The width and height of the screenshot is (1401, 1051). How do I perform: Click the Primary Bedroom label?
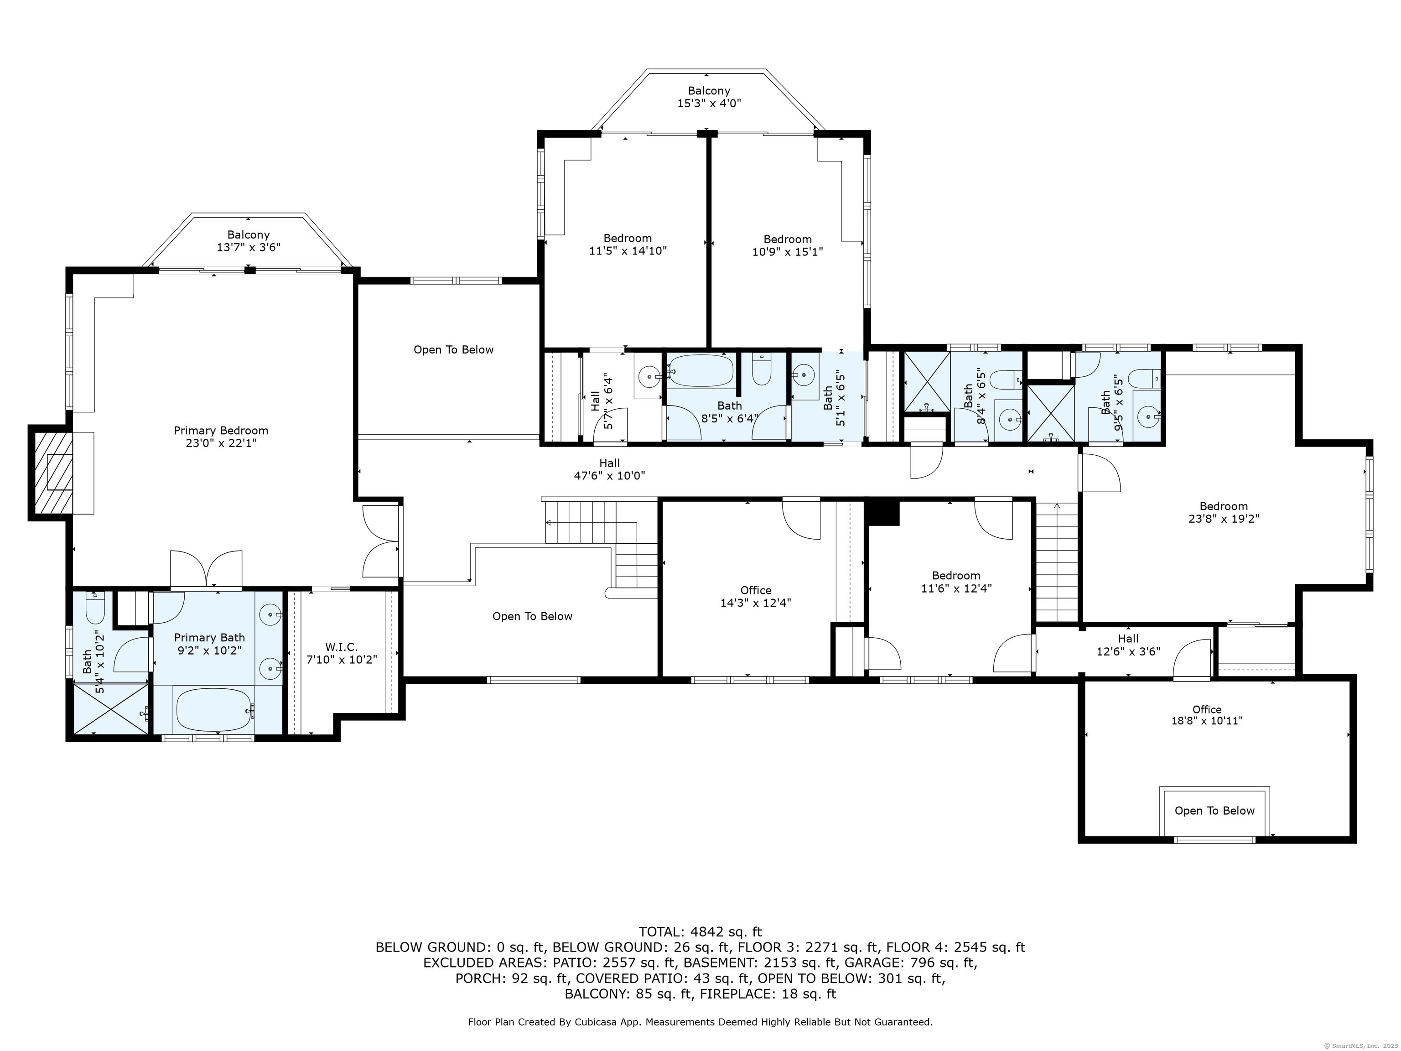(x=221, y=437)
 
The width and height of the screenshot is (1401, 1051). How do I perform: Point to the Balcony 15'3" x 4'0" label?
(x=709, y=96)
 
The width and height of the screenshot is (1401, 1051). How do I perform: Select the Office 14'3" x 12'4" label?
(x=756, y=596)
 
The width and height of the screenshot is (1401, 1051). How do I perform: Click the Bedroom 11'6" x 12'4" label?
(x=956, y=582)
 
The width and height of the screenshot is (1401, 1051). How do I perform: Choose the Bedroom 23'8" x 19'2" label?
(x=1223, y=512)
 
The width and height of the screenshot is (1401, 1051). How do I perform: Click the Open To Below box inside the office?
(x=1214, y=811)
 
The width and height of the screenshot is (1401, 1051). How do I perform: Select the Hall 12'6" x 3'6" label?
(x=1128, y=644)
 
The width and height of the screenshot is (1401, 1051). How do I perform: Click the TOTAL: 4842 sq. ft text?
(x=700, y=932)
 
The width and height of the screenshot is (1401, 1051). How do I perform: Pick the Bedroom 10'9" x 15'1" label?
(x=787, y=245)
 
